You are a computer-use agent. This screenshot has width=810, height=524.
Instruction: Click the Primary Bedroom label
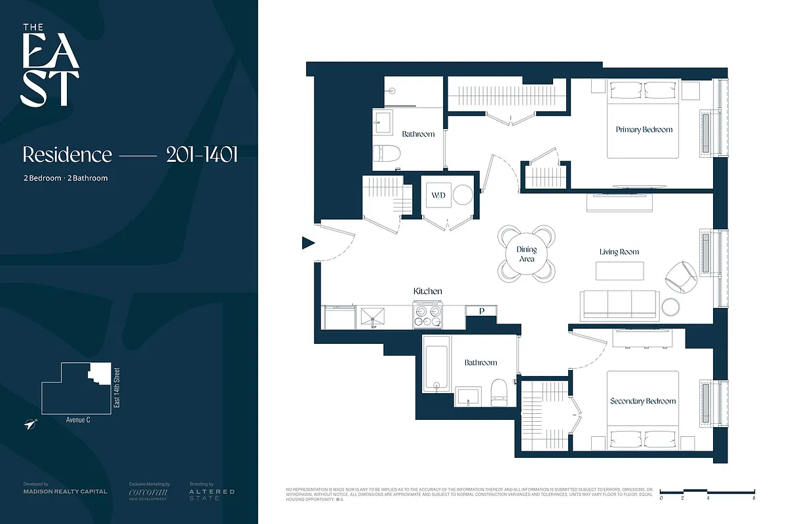(x=644, y=130)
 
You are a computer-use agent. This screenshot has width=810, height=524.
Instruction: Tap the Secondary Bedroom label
(x=642, y=401)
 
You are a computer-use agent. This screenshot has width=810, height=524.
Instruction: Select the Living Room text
(x=619, y=252)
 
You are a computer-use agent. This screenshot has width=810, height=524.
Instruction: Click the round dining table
(x=526, y=254)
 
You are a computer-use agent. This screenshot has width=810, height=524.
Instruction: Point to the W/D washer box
(x=438, y=195)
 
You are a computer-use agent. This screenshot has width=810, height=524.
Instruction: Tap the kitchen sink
(x=372, y=317)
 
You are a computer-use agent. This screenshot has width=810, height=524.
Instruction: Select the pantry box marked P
(x=482, y=311)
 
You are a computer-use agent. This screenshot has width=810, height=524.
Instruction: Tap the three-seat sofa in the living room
(x=619, y=305)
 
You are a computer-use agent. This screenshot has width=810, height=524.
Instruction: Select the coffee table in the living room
(x=619, y=271)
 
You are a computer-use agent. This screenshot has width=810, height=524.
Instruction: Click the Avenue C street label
(x=78, y=420)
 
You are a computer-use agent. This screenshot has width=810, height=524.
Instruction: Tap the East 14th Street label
(x=117, y=388)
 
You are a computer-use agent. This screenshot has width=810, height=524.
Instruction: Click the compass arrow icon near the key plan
(x=31, y=424)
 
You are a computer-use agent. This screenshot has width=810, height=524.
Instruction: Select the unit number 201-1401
(x=201, y=155)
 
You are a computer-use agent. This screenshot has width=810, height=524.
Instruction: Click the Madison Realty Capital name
(x=65, y=491)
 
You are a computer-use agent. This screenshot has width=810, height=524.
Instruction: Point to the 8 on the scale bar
(x=754, y=498)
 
